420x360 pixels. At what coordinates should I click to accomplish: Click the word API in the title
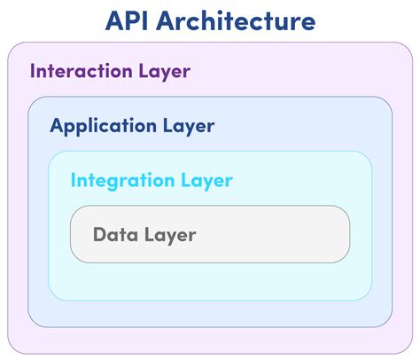point(128,21)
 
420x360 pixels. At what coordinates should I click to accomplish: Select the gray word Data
point(113,235)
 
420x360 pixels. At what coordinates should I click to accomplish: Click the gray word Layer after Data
point(167,236)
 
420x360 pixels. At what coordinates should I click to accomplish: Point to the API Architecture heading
point(209,21)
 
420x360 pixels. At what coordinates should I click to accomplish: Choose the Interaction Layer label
point(110,72)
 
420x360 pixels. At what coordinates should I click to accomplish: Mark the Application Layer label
point(132,126)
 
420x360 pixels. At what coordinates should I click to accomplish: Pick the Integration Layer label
point(152,181)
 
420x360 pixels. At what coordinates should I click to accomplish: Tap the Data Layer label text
point(144,235)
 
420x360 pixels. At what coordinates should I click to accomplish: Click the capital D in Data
point(99,235)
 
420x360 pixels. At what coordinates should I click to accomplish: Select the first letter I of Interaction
point(33,71)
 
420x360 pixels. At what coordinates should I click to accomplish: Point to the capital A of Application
point(57,125)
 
